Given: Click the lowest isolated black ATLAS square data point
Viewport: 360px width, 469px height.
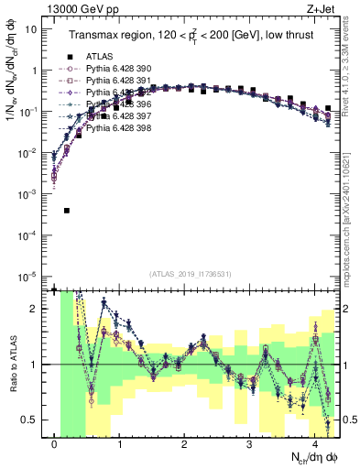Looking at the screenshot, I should tap(67, 211).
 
